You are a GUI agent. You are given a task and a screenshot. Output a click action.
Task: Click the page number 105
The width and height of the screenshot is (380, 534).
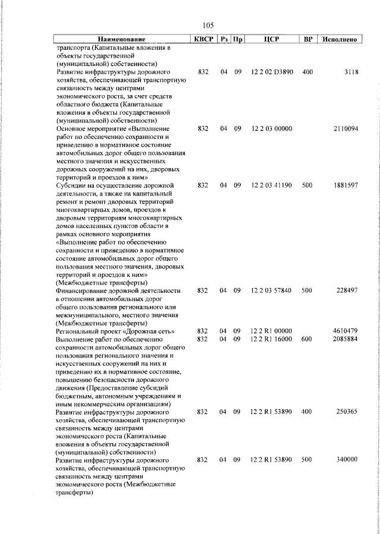coord(208,25)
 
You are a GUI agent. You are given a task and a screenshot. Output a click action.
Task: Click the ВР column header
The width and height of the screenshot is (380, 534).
coord(308,39)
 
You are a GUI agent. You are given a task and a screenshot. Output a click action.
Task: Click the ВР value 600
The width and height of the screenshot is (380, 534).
coord(307,339)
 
